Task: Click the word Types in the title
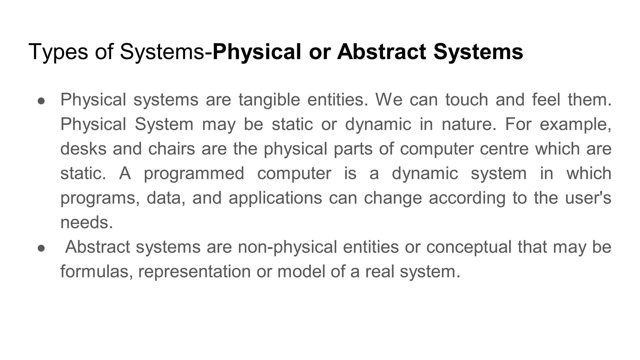[58, 52]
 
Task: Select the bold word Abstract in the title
[381, 52]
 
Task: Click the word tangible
[269, 100]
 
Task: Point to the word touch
[467, 100]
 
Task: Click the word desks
[83, 149]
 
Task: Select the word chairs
[172, 149]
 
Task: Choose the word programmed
[194, 173]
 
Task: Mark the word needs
[87, 222]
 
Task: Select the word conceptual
[468, 247]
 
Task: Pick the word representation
[194, 271]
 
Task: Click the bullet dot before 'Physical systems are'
[42, 101]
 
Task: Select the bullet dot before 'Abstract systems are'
[42, 248]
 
